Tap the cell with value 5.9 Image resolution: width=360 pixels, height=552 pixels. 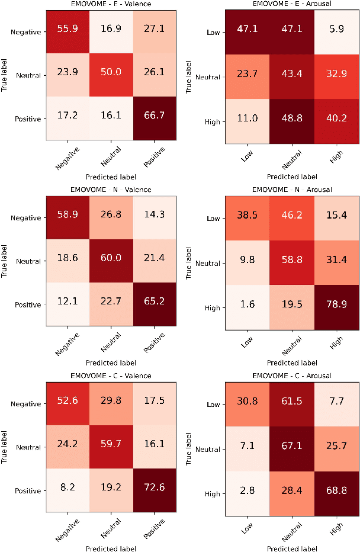(x=337, y=33)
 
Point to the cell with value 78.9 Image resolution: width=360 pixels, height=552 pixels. (x=337, y=307)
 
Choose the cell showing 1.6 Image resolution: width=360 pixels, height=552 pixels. (x=247, y=307)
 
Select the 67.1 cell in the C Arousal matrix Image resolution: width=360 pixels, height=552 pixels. (x=292, y=450)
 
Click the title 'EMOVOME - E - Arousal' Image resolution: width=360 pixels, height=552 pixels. (x=292, y=5)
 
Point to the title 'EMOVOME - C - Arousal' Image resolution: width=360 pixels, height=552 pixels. (x=292, y=376)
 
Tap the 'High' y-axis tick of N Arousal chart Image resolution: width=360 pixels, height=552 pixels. (x=213, y=307)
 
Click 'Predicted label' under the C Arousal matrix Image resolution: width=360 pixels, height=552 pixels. (x=292, y=548)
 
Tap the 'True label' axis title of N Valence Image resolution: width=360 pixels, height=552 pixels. (x=5, y=261)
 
